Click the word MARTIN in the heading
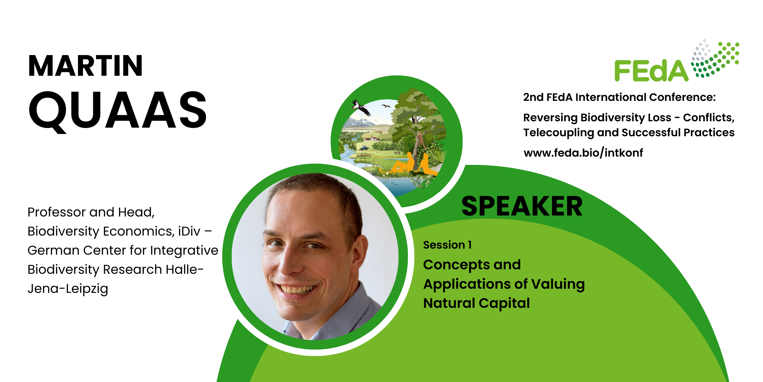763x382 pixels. tap(85, 66)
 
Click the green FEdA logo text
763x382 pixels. tap(651, 71)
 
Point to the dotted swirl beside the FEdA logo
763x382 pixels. tap(715, 58)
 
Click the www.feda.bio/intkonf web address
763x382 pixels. tap(583, 153)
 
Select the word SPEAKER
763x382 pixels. tap(522, 206)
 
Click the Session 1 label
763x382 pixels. tap(447, 245)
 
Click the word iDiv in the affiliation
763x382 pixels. tap(189, 231)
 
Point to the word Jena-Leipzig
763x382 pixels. tap(68, 289)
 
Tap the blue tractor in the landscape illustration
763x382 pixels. tap(364, 148)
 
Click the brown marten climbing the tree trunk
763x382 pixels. tap(420, 138)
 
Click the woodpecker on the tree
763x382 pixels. tap(414, 120)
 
